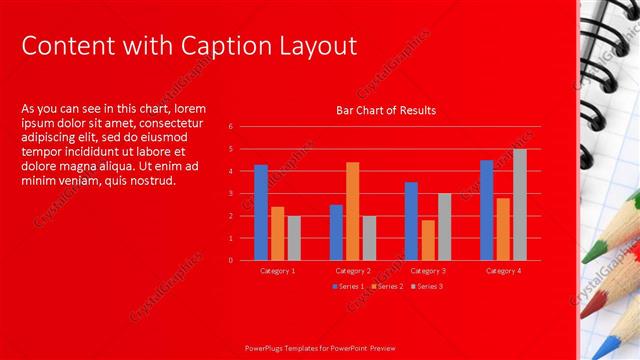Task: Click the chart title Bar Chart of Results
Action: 385,110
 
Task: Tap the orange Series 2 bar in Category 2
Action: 352,210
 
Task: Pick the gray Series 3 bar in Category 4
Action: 519,204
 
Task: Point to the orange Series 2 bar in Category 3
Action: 428,240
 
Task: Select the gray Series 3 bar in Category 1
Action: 294,238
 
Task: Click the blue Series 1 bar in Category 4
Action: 486,210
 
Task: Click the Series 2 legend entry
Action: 387,287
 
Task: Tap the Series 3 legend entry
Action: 427,287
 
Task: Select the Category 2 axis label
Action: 352,271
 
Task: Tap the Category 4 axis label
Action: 503,271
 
